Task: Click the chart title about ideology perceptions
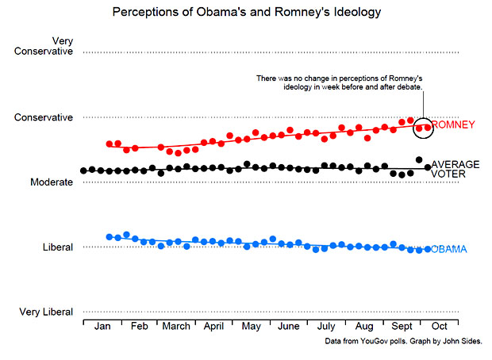[246, 12]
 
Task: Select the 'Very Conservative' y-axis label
[44, 46]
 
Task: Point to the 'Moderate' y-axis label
[51, 182]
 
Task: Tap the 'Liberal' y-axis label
[58, 247]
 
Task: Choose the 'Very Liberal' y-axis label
[46, 312]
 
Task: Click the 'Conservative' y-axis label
[44, 117]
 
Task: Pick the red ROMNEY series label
[453, 124]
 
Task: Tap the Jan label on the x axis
[102, 327]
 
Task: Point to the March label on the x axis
[175, 327]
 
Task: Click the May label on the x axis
[251, 327]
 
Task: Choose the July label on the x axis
[325, 327]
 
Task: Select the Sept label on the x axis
[401, 327]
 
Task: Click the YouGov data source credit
[402, 341]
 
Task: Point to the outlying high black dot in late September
[419, 159]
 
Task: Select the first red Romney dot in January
[110, 144]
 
